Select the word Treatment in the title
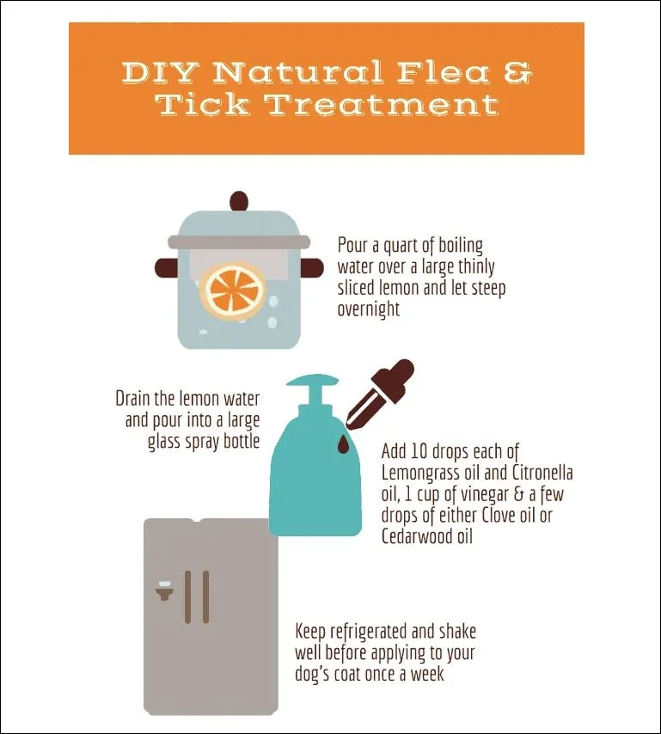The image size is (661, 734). [383, 104]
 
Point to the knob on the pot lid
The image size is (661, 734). [239, 202]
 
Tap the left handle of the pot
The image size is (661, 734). [167, 267]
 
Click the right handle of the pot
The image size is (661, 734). [312, 267]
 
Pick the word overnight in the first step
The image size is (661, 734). [369, 309]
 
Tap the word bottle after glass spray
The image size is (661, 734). [242, 441]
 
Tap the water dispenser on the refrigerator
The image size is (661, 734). [164, 590]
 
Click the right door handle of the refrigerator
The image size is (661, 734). [205, 596]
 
